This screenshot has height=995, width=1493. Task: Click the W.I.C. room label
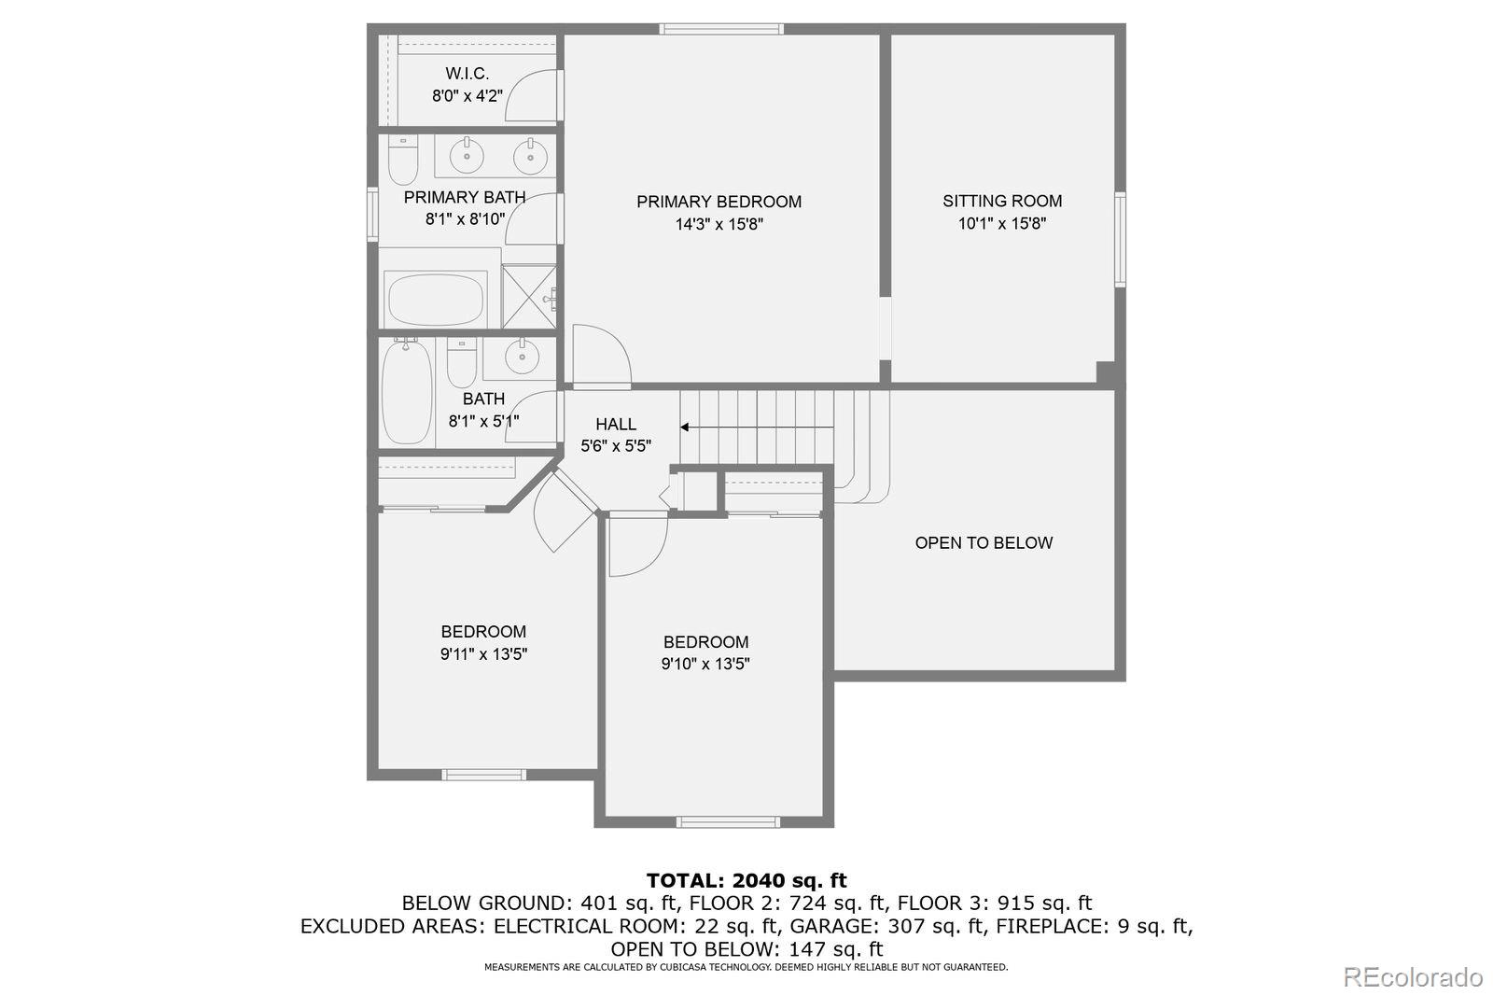coord(467,73)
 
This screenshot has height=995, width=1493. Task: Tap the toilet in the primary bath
coord(403,161)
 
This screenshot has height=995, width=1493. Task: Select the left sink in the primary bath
coord(467,155)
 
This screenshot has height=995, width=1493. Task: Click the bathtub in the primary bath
coord(435,300)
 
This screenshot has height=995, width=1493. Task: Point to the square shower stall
coord(529,297)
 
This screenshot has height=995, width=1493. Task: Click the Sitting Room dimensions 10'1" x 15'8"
coord(1002,224)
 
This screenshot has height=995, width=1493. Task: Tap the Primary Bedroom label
coord(719,202)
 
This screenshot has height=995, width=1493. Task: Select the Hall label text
coord(616,425)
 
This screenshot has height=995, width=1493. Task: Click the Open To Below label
coord(984,543)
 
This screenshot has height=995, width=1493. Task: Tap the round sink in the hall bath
coord(521,355)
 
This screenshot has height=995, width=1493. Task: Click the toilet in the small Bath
coord(461,364)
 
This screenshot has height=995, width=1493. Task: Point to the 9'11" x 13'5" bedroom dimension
coord(483,654)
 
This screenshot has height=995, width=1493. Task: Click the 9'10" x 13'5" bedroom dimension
coord(705,665)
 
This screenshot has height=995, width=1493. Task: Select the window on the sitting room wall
coord(1120,238)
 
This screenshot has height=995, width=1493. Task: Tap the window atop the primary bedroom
coord(721,29)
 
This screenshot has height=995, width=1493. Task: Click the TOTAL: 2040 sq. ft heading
coord(746,880)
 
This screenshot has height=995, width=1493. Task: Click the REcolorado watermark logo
coord(1412,977)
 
